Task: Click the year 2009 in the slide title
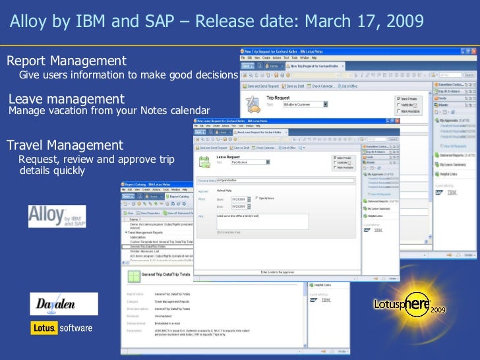pos(400,21)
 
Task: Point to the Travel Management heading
pos(65,145)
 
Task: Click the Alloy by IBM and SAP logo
pos(57,216)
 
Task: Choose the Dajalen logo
pos(63,305)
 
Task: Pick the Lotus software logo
pos(62,328)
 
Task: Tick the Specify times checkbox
pos(256,198)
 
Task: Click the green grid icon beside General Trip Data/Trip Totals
pos(135,276)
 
